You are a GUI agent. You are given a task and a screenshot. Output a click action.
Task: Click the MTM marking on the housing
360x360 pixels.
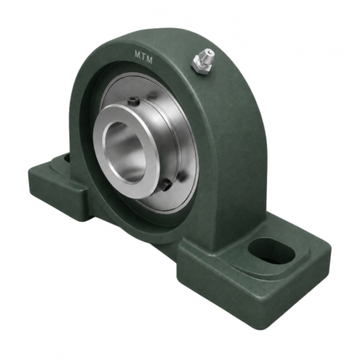tap(144, 57)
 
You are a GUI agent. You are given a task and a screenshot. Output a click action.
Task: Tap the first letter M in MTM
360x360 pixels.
tap(138, 54)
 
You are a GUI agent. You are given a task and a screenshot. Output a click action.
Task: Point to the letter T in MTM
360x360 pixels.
tap(144, 57)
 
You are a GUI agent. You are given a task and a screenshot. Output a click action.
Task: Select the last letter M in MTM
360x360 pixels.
tap(149, 60)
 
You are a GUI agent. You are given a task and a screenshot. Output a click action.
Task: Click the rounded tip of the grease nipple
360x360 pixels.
tap(210, 54)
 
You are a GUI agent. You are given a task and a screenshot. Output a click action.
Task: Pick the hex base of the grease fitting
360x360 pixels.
tap(200, 66)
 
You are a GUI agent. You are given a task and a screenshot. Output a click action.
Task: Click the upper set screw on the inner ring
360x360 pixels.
tap(134, 101)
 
